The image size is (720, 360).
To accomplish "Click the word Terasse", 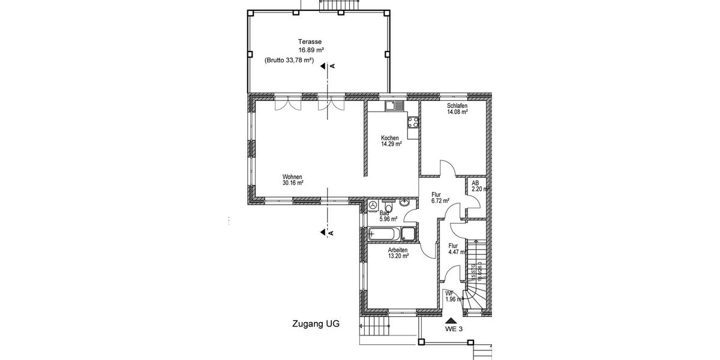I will [310, 41].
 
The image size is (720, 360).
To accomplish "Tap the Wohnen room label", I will [292, 176].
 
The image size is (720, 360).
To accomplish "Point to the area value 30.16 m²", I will [292, 183].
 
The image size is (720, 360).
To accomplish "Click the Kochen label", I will [389, 137].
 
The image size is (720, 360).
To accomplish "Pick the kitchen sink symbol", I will [392, 107].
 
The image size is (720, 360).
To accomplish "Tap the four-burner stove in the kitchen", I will [413, 122].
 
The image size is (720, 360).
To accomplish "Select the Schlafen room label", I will [457, 106].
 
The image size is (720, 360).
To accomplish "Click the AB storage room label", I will [475, 182].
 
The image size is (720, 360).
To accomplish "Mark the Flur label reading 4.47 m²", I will [454, 245].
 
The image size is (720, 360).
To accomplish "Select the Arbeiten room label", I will [398, 250].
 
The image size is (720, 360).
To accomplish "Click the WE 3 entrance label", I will [454, 329].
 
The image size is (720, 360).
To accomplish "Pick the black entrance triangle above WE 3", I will [451, 320].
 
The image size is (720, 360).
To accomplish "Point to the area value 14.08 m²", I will [457, 112].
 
